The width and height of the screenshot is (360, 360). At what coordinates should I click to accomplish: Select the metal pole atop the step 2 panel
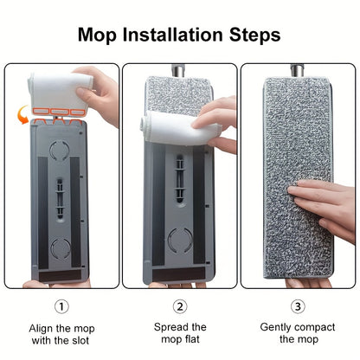coord(181,69)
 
